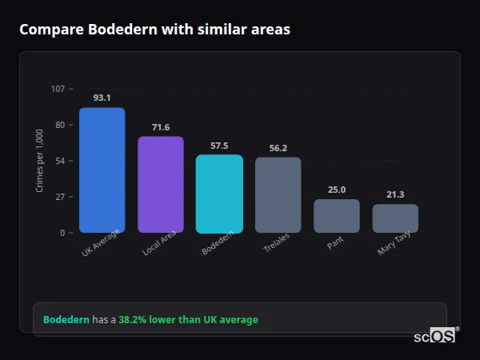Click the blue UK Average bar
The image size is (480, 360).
pyautogui.click(x=102, y=170)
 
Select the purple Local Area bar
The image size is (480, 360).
pyautogui.click(x=161, y=185)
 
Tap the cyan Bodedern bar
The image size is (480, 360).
pyautogui.click(x=219, y=194)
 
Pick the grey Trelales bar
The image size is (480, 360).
pyautogui.click(x=278, y=195)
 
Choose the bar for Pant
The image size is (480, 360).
pyautogui.click(x=337, y=216)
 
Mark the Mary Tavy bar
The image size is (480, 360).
pyautogui.click(x=395, y=218)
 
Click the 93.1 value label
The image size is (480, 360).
pyautogui.click(x=102, y=98)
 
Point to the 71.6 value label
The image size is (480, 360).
pyautogui.click(x=161, y=127)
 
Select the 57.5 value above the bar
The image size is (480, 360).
pyautogui.click(x=219, y=146)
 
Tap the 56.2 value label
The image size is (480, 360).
pyautogui.click(x=278, y=148)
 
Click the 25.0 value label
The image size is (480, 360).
pyautogui.click(x=337, y=190)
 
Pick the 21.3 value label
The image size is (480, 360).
pyautogui.click(x=395, y=194)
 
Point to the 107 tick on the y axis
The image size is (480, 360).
pyautogui.click(x=58, y=89)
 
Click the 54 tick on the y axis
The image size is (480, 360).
pyautogui.click(x=60, y=161)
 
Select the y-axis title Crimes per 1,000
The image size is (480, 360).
pyautogui.click(x=40, y=161)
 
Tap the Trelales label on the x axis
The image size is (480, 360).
pyautogui.click(x=277, y=243)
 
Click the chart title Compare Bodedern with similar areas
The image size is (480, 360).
pyautogui.click(x=154, y=30)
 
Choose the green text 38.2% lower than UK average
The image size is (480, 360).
pyautogui.click(x=188, y=320)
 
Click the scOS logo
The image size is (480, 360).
pyautogui.click(x=434, y=337)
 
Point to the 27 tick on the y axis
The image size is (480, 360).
pyautogui.click(x=60, y=197)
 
